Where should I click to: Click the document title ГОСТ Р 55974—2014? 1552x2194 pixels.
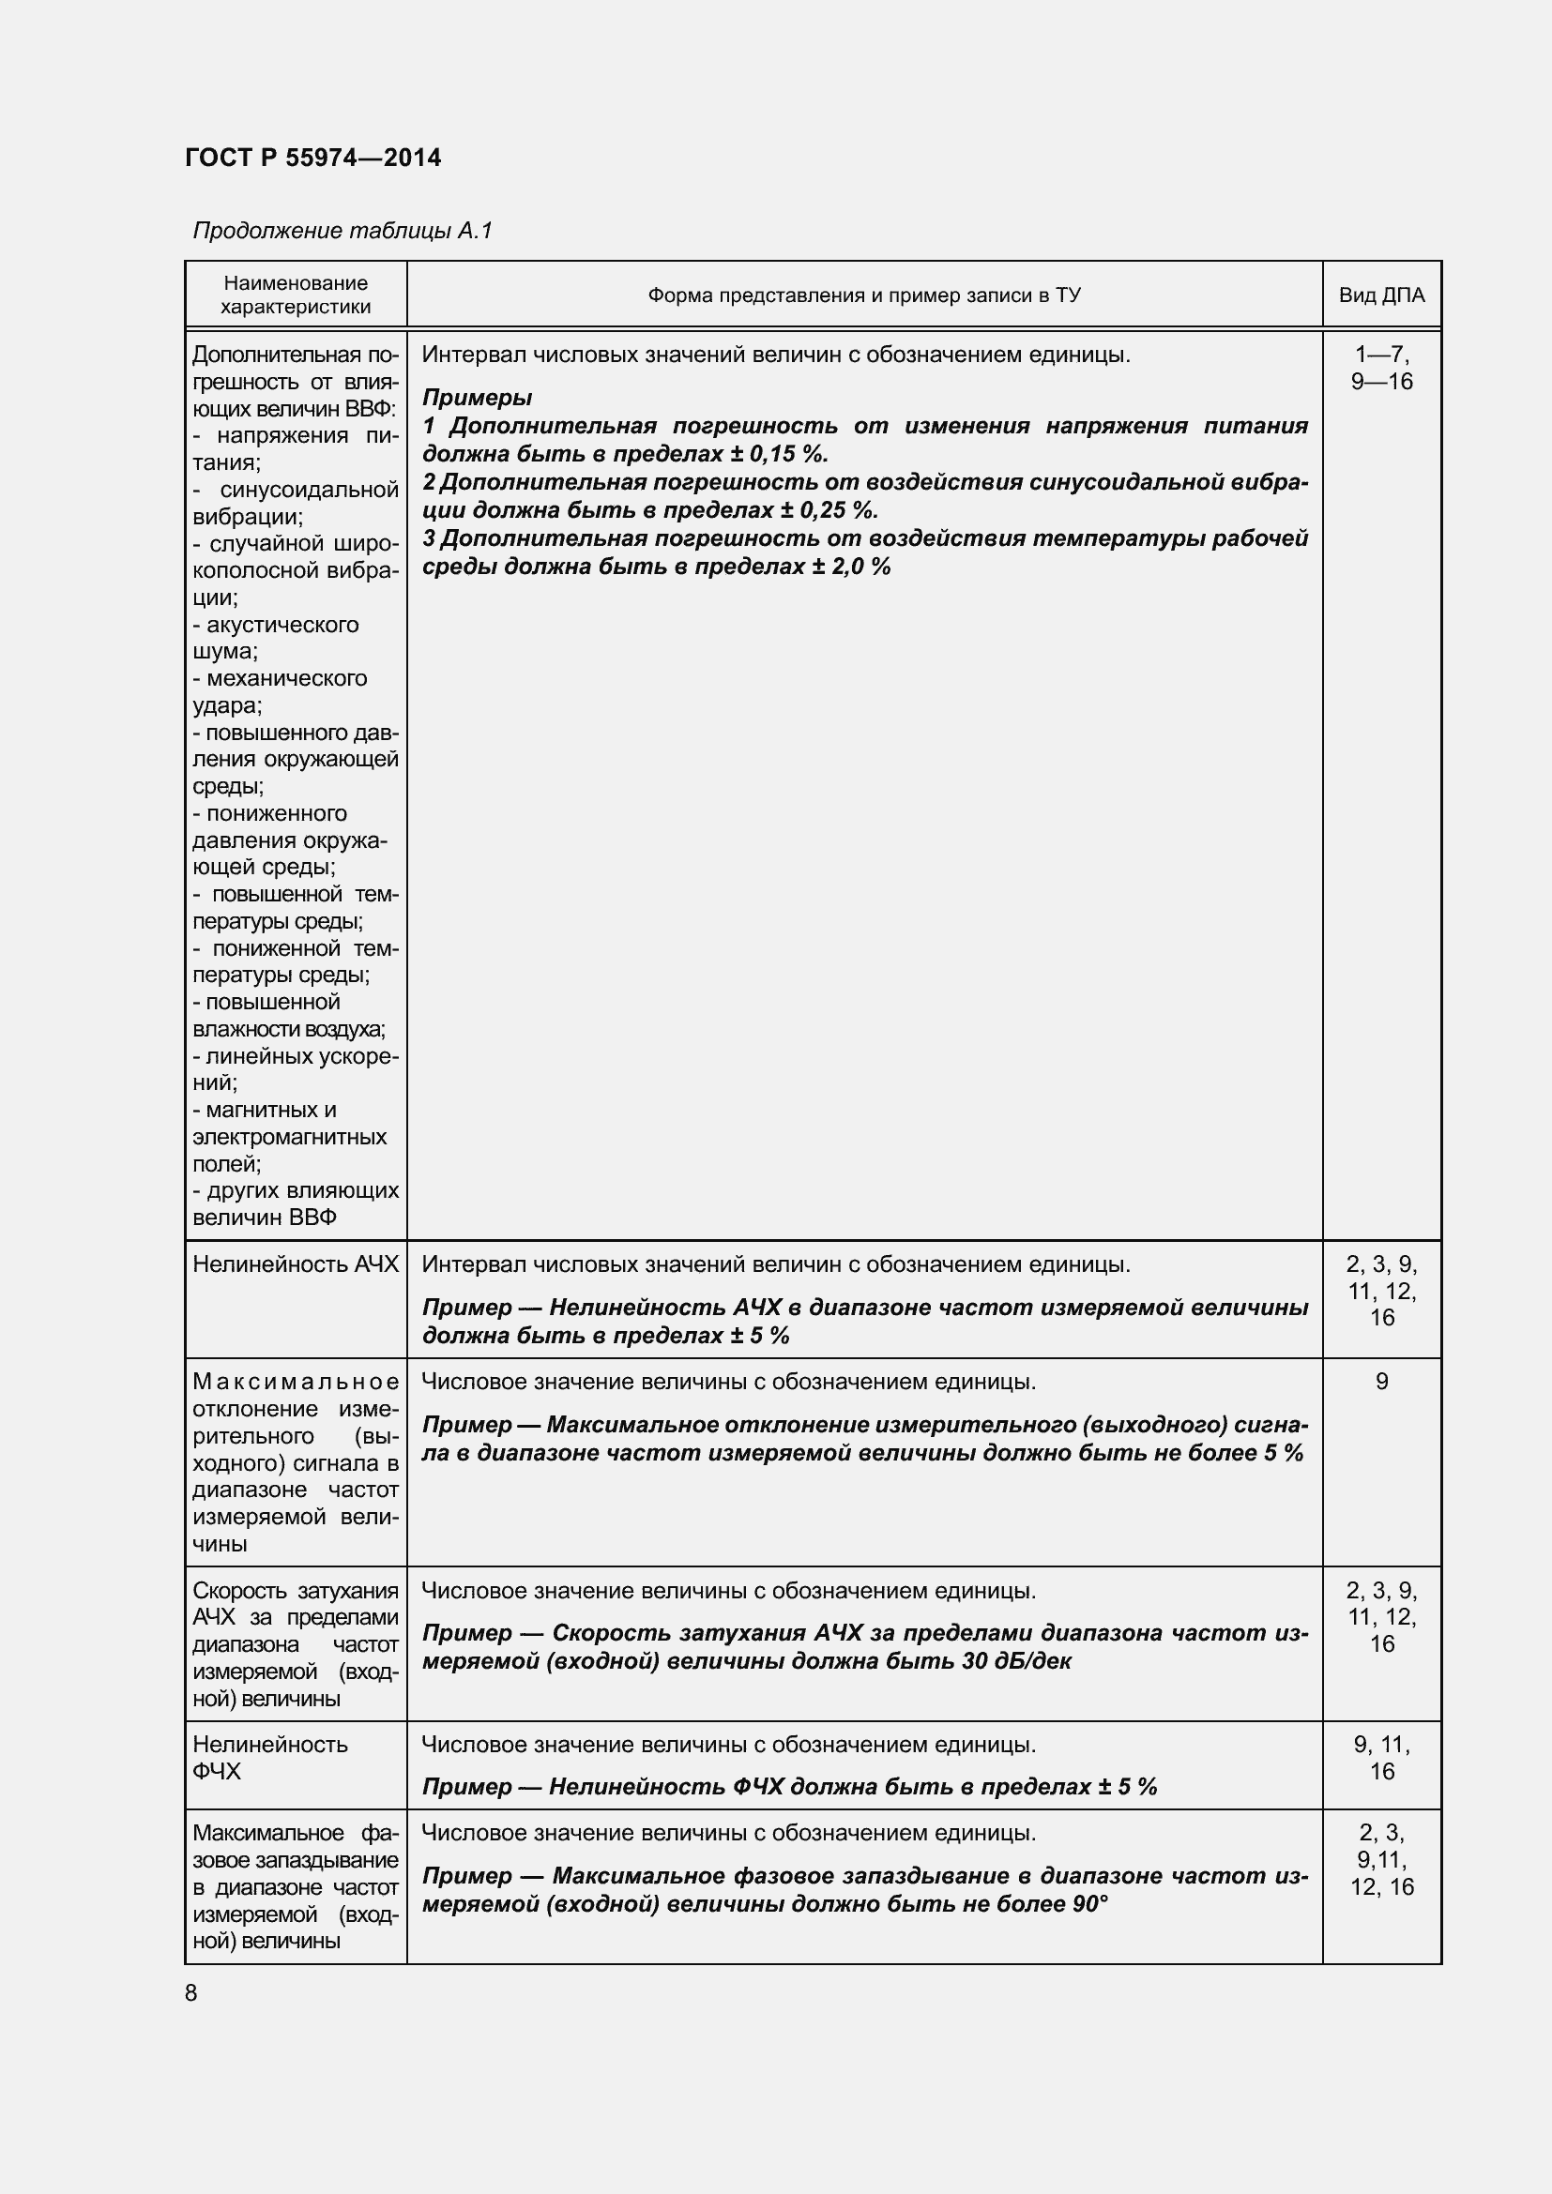(x=312, y=158)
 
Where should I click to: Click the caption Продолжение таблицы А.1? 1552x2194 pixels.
(x=342, y=231)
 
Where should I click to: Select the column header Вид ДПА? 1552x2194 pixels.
(x=1381, y=295)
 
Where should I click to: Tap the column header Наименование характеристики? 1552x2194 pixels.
(x=296, y=295)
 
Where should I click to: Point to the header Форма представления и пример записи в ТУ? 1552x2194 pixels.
(x=864, y=295)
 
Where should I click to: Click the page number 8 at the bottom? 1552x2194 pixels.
(x=191, y=1992)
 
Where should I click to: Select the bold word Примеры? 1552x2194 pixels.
(x=477, y=397)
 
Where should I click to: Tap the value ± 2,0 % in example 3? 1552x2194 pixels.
(x=850, y=566)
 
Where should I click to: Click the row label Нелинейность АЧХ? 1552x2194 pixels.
(x=296, y=1264)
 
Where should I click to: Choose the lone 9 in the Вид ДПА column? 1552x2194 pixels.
(x=1381, y=1382)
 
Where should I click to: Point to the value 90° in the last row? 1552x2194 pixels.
(x=1089, y=1904)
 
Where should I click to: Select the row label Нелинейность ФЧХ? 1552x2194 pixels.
(x=270, y=1757)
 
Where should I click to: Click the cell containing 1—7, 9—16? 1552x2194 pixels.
(x=1381, y=368)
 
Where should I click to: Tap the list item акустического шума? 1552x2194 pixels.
(x=277, y=637)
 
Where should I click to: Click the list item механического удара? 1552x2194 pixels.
(x=279, y=692)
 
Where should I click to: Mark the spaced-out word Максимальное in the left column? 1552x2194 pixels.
(x=296, y=1382)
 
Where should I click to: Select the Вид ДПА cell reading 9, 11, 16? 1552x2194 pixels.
(x=1381, y=1757)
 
